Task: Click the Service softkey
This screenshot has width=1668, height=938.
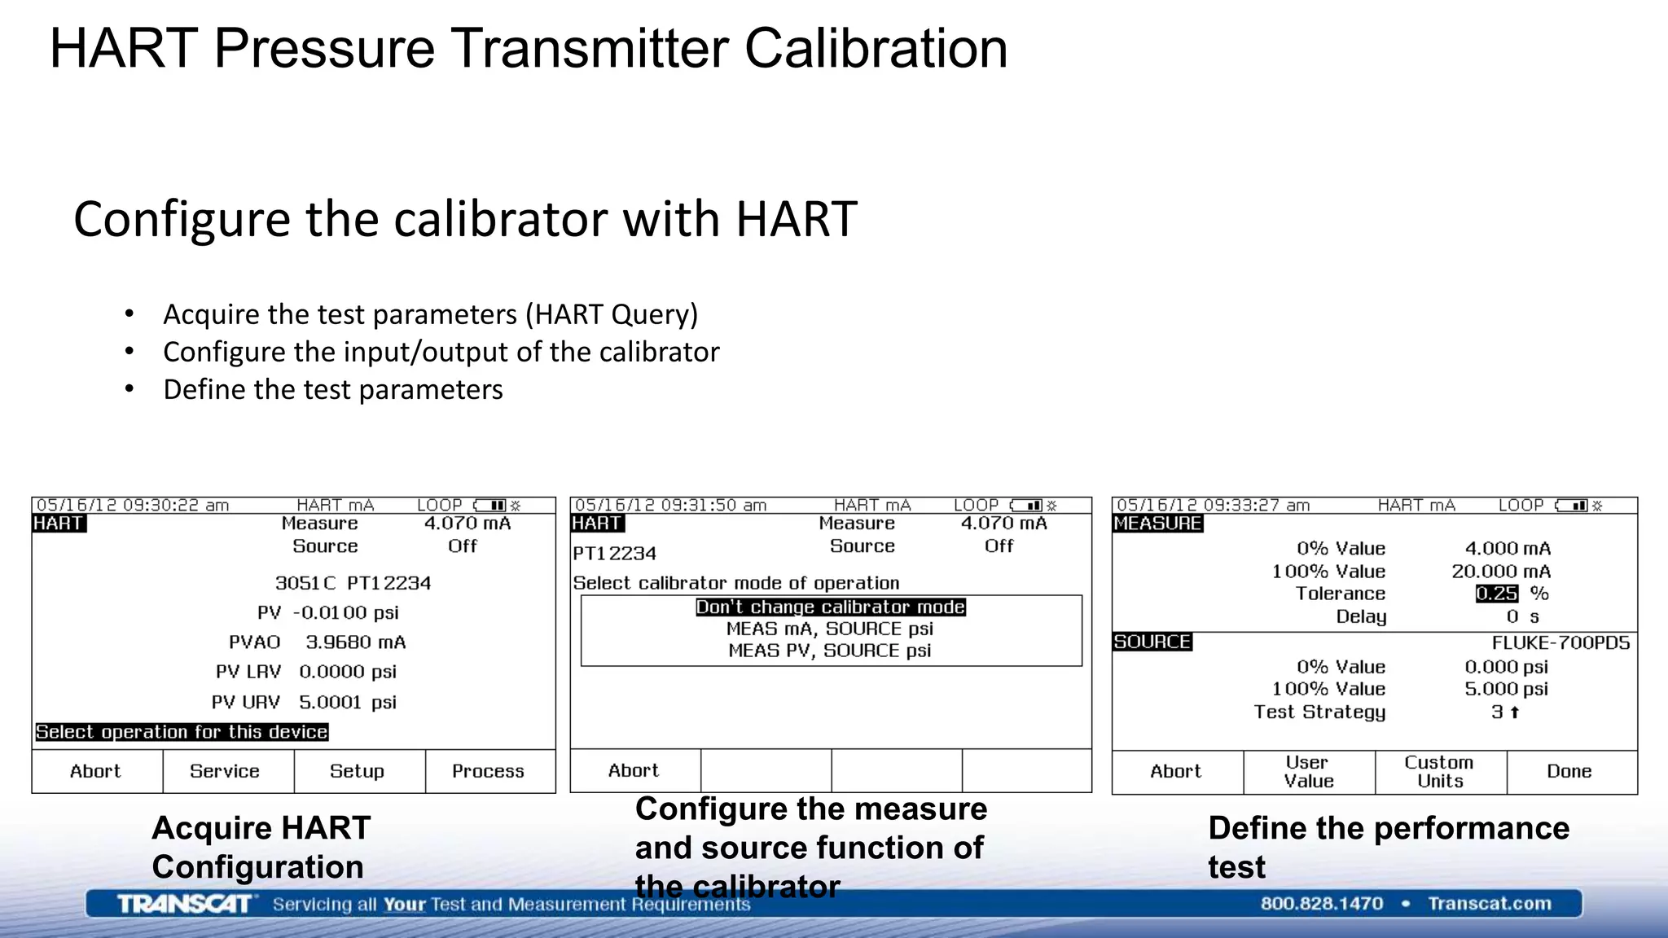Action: point(225,771)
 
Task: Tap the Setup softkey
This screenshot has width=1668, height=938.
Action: point(357,771)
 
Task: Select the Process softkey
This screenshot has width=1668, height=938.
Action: point(488,771)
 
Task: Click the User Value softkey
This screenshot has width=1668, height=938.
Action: point(1309,771)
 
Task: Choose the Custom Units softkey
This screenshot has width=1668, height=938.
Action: point(1439,771)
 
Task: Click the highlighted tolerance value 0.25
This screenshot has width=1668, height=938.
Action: point(1496,594)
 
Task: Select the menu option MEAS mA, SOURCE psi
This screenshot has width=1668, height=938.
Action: point(830,629)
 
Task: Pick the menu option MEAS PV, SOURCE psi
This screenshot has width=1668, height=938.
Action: point(830,651)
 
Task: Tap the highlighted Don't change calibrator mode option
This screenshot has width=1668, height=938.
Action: point(830,607)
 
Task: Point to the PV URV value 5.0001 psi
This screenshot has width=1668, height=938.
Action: point(347,702)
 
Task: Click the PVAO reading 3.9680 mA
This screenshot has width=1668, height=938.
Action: point(355,642)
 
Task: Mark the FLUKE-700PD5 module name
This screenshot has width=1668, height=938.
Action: point(1560,642)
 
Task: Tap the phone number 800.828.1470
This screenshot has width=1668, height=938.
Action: point(1321,903)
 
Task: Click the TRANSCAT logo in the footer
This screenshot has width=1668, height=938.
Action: point(186,904)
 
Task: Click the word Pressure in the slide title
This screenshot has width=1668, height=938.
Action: point(324,49)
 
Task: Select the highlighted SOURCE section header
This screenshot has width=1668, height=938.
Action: point(1152,642)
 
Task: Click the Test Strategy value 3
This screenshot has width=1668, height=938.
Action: point(1498,712)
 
